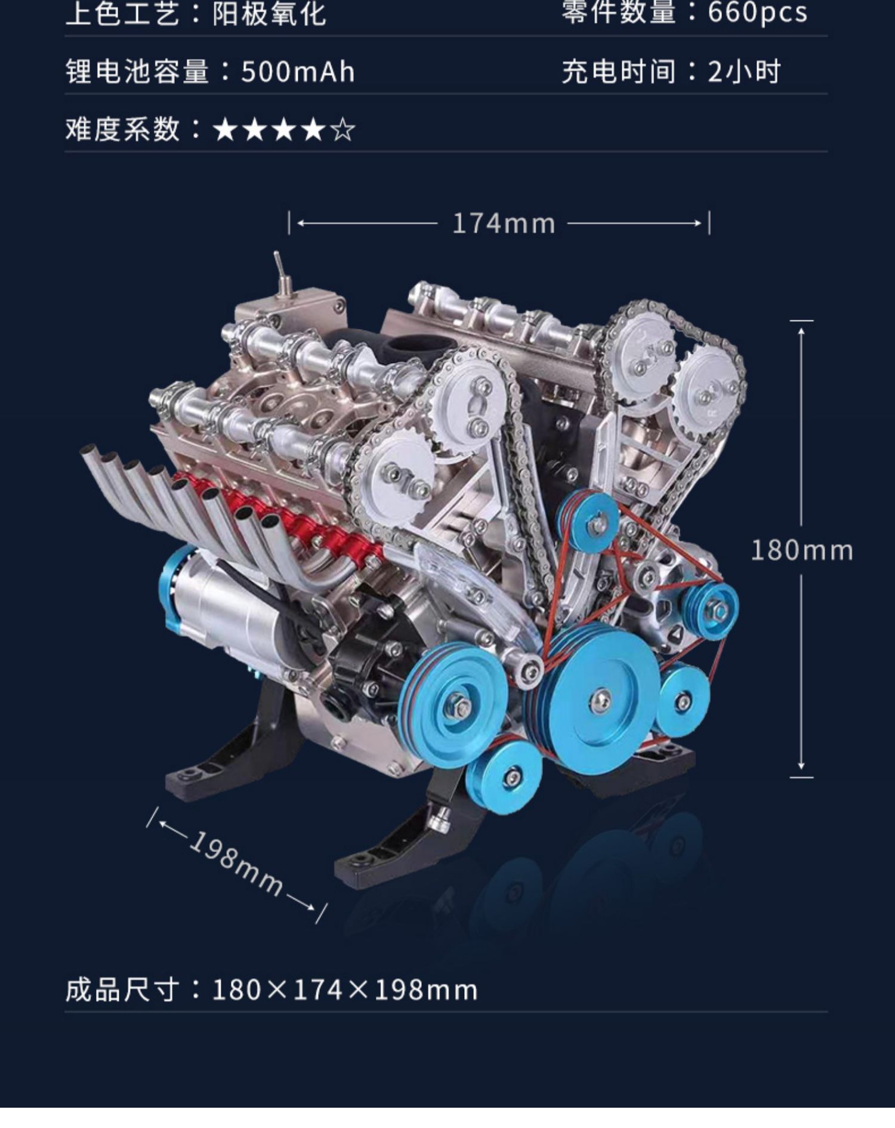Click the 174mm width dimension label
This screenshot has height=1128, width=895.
point(504,224)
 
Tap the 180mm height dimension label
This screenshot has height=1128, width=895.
point(802,550)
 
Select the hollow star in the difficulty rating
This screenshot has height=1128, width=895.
point(343,130)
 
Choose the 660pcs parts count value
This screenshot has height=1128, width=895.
point(757,13)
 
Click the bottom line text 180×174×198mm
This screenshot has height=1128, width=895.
point(345,990)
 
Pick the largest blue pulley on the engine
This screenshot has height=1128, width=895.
point(597,698)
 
